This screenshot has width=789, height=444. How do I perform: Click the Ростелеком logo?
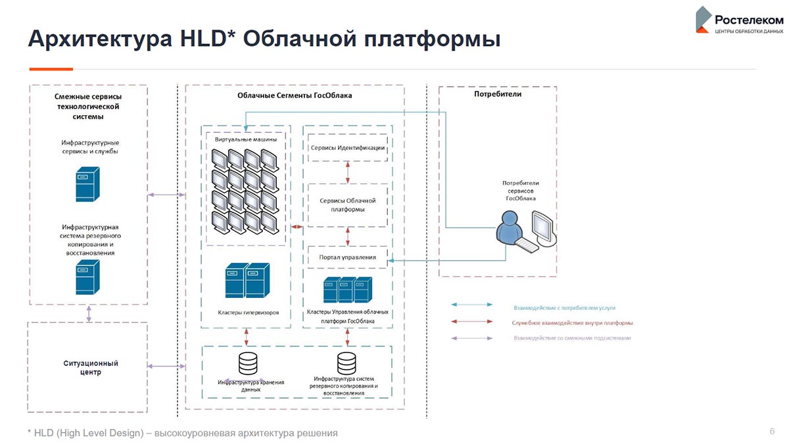point(740,20)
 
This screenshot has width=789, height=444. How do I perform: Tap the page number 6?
point(772,431)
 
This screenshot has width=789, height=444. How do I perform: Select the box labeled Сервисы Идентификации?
point(347,148)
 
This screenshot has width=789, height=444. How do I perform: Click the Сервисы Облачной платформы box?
point(347,205)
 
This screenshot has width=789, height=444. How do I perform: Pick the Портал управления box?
point(347,257)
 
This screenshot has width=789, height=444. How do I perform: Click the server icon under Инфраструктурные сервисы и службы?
point(86,184)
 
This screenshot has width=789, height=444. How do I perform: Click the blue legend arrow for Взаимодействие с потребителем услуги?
point(472,305)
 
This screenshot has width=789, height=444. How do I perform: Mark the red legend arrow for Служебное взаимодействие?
point(472,322)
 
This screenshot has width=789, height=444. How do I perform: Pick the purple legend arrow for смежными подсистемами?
point(472,338)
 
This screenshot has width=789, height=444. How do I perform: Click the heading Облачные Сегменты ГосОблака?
point(295,95)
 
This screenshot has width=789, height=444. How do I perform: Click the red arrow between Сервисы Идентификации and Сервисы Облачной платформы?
point(347,172)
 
